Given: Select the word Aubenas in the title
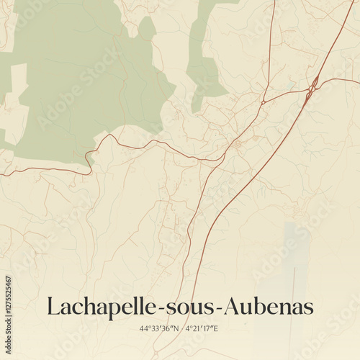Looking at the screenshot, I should pos(268,307).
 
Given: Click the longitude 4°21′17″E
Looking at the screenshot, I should pos(202,329).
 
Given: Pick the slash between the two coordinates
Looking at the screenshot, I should pos(181,329).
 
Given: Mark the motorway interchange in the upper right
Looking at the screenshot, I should pos(314,87).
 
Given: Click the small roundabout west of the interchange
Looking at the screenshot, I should pos(264,103).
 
